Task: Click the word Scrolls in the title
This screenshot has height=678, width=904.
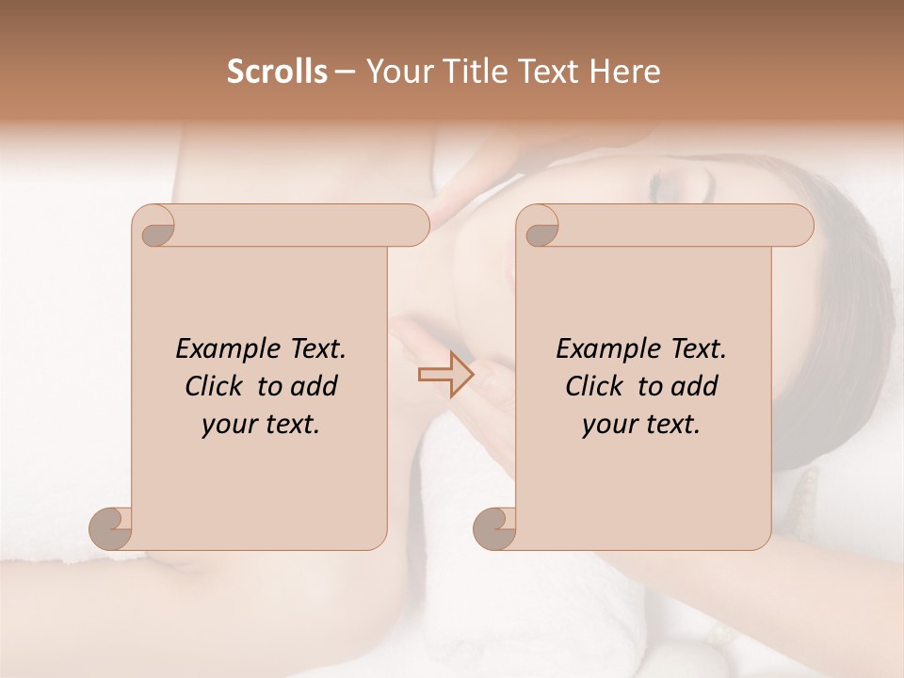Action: point(278,72)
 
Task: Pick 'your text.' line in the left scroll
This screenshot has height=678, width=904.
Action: point(261,424)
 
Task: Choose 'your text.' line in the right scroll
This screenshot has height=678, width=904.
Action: point(641,424)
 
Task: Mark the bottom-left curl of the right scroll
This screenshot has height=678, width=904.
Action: point(495,528)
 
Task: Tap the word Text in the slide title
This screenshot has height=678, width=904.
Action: point(555,72)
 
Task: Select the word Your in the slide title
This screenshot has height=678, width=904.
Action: point(391,72)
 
